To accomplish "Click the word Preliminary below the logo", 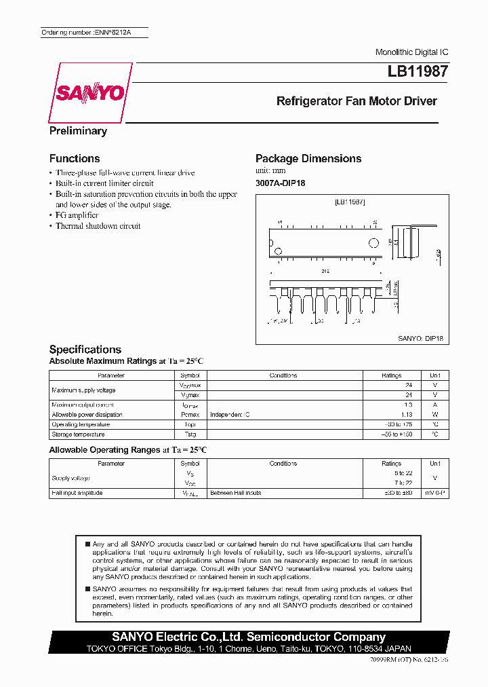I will pos(78,131).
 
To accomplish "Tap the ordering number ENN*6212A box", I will pos(94,33).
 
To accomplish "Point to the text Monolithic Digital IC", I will pos(411,52).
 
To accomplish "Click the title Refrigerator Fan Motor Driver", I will pos(357,101).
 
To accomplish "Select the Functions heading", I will pos(75,158).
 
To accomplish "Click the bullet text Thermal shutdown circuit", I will pos(98,226).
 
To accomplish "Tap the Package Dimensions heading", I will pos(308,158).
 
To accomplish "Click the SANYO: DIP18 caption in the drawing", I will pos(420,337).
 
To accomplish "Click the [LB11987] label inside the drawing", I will pos(350,202).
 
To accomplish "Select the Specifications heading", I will pos(85,349).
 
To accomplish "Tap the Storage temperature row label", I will pos(78,434).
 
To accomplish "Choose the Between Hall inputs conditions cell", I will pos(235,493).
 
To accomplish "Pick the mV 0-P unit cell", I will pos(434,493).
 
